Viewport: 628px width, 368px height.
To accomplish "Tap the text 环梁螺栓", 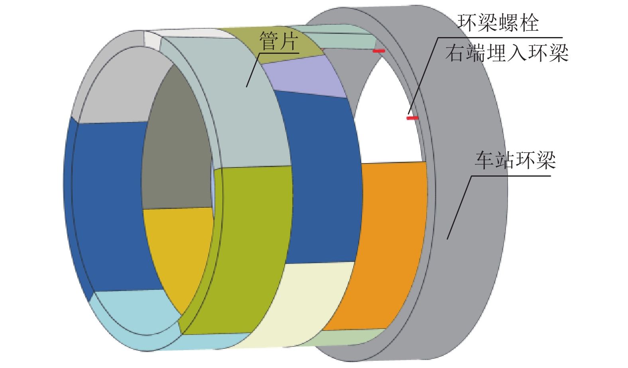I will (498, 23).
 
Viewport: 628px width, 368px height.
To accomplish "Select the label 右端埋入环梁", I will (506, 53).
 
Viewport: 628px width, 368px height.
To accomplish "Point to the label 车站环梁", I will (515, 160).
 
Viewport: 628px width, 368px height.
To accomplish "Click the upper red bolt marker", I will (379, 51).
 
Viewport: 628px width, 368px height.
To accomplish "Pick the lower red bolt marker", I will (412, 118).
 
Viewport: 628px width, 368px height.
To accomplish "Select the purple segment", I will (303, 78).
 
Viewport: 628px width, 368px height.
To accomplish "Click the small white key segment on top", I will (152, 40).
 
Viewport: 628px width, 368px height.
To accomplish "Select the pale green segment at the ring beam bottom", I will (351, 337).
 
